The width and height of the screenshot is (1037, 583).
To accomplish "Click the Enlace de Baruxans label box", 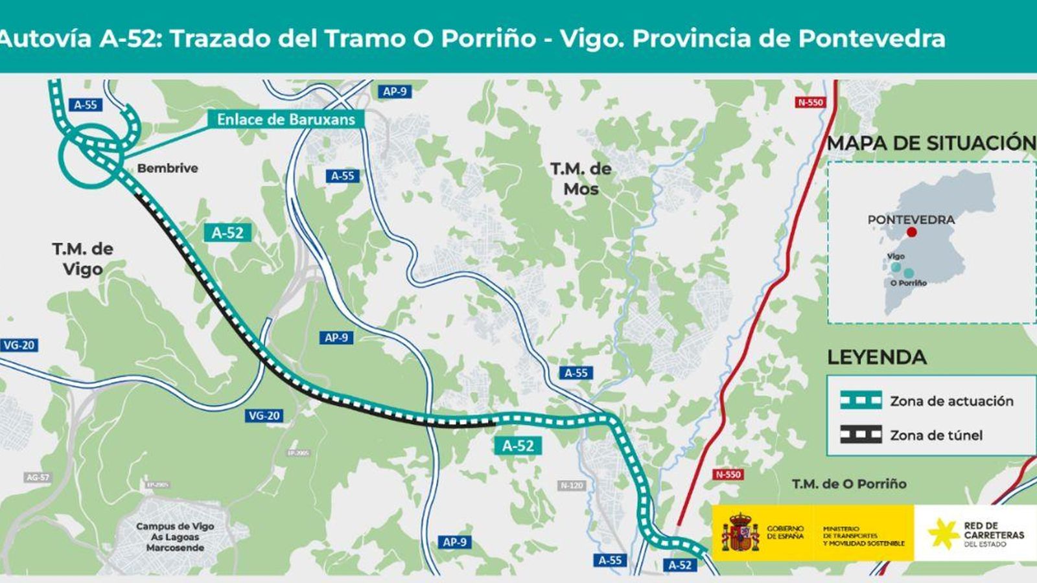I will coord(285,119).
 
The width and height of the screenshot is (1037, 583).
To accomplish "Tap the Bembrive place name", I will coord(167,168).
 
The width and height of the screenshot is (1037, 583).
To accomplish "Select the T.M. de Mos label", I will coord(581,179).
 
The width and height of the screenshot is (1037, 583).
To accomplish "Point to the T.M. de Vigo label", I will coord(82,258).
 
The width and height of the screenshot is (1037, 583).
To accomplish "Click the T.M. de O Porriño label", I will coord(849,484).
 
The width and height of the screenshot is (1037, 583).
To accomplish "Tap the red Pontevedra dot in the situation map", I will coord(912,232).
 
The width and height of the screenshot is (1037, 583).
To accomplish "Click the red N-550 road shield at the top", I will coord(810,102).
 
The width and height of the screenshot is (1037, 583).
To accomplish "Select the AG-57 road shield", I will coord(38,477).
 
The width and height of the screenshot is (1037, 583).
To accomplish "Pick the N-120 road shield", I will coord(571,485).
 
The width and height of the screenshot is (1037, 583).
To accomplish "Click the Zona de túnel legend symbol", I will coord(861,435).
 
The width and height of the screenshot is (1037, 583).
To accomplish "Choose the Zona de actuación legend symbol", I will coord(861,400).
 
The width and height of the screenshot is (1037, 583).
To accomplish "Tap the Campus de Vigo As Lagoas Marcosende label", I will coord(174,537).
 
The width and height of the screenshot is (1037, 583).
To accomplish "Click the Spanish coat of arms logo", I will coord(741,532).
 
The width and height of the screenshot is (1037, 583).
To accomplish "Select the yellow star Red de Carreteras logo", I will coord(943,534).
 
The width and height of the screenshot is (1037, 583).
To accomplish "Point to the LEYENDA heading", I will coord(876,357).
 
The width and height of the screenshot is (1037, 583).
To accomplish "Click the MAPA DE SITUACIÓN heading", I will coord(931,143).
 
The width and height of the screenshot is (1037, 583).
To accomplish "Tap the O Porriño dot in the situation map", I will coord(909,273).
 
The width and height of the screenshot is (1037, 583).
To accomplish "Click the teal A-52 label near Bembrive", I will coord(227,233).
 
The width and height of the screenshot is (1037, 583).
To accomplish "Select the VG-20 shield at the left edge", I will coord(19,345).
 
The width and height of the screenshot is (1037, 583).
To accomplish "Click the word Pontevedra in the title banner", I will coord(871,38).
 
